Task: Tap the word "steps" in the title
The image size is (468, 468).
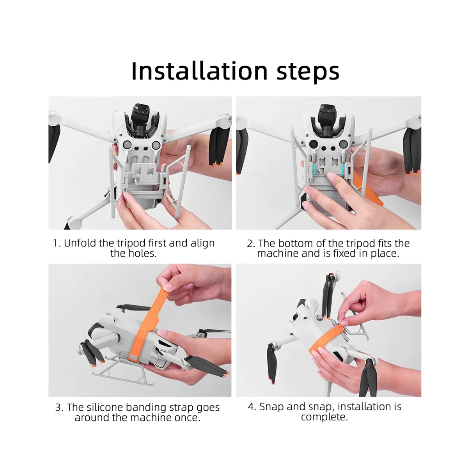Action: [308, 72]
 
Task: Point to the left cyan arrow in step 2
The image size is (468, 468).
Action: [314, 170]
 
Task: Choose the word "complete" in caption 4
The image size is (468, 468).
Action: [324, 417]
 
